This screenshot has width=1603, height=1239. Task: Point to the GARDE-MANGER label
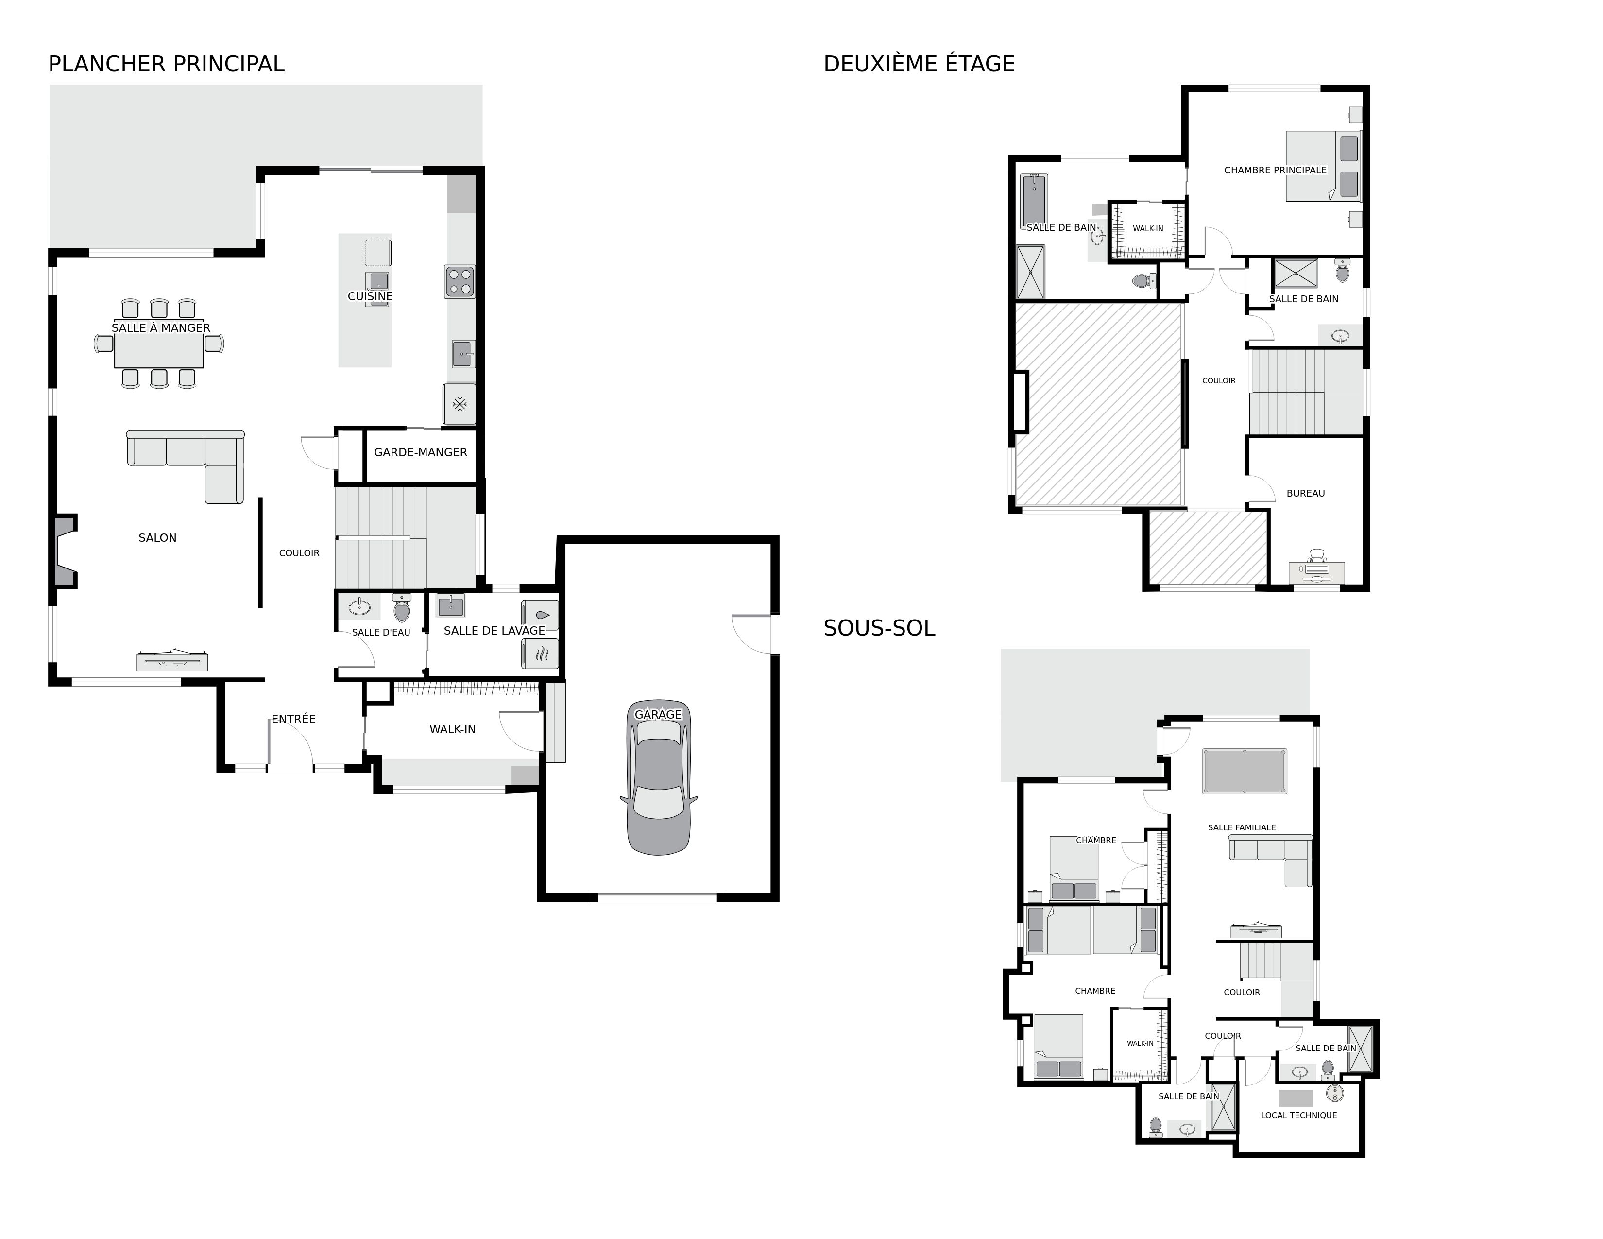click(421, 452)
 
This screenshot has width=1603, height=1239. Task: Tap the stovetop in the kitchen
click(460, 282)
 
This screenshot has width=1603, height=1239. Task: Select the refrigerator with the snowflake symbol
click(460, 404)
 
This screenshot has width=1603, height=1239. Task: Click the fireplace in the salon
click(64, 550)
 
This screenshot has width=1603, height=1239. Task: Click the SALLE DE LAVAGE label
click(494, 631)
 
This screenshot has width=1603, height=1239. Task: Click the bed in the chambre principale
click(1323, 166)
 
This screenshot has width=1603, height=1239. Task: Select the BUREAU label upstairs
click(1306, 493)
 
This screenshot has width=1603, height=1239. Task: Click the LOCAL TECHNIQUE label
click(1299, 1115)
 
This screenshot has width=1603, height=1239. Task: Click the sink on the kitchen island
click(379, 281)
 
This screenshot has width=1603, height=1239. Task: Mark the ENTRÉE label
click(293, 719)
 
